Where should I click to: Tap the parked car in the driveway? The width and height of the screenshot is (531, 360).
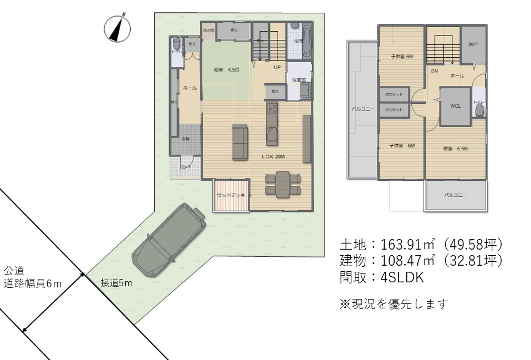[169, 240]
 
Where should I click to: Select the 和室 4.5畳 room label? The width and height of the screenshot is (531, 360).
[226, 70]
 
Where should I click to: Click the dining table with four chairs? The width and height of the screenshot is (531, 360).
[282, 184]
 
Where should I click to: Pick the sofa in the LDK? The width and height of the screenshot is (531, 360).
[241, 142]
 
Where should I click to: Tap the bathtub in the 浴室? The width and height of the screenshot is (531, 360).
[305, 40]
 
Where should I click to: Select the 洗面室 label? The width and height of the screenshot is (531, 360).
[299, 80]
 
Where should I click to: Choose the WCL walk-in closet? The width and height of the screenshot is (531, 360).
[456, 105]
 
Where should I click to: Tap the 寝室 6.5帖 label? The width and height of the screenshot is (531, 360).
[456, 149]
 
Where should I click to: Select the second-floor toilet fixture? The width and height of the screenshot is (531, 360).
[479, 109]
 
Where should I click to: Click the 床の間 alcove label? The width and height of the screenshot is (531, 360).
[208, 30]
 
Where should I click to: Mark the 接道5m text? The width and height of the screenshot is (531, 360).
[116, 283]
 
